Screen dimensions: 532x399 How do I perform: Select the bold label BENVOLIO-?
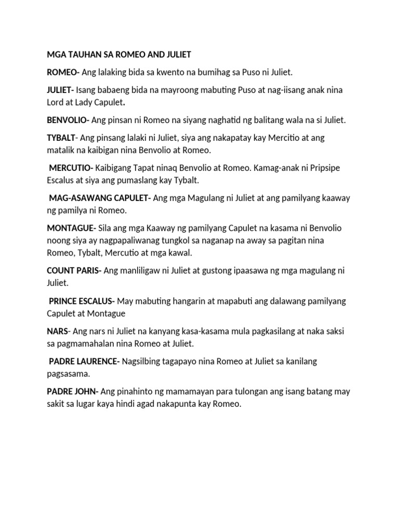pyautogui.click(x=68, y=120)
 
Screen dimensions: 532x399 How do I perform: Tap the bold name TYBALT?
pyautogui.click(x=61, y=138)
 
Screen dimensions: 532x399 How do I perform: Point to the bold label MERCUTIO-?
pyautogui.click(x=71, y=168)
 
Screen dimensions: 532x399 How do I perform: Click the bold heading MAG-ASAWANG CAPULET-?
pyautogui.click(x=100, y=198)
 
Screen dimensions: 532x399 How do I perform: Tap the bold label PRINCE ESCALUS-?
pyautogui.click(x=83, y=301)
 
